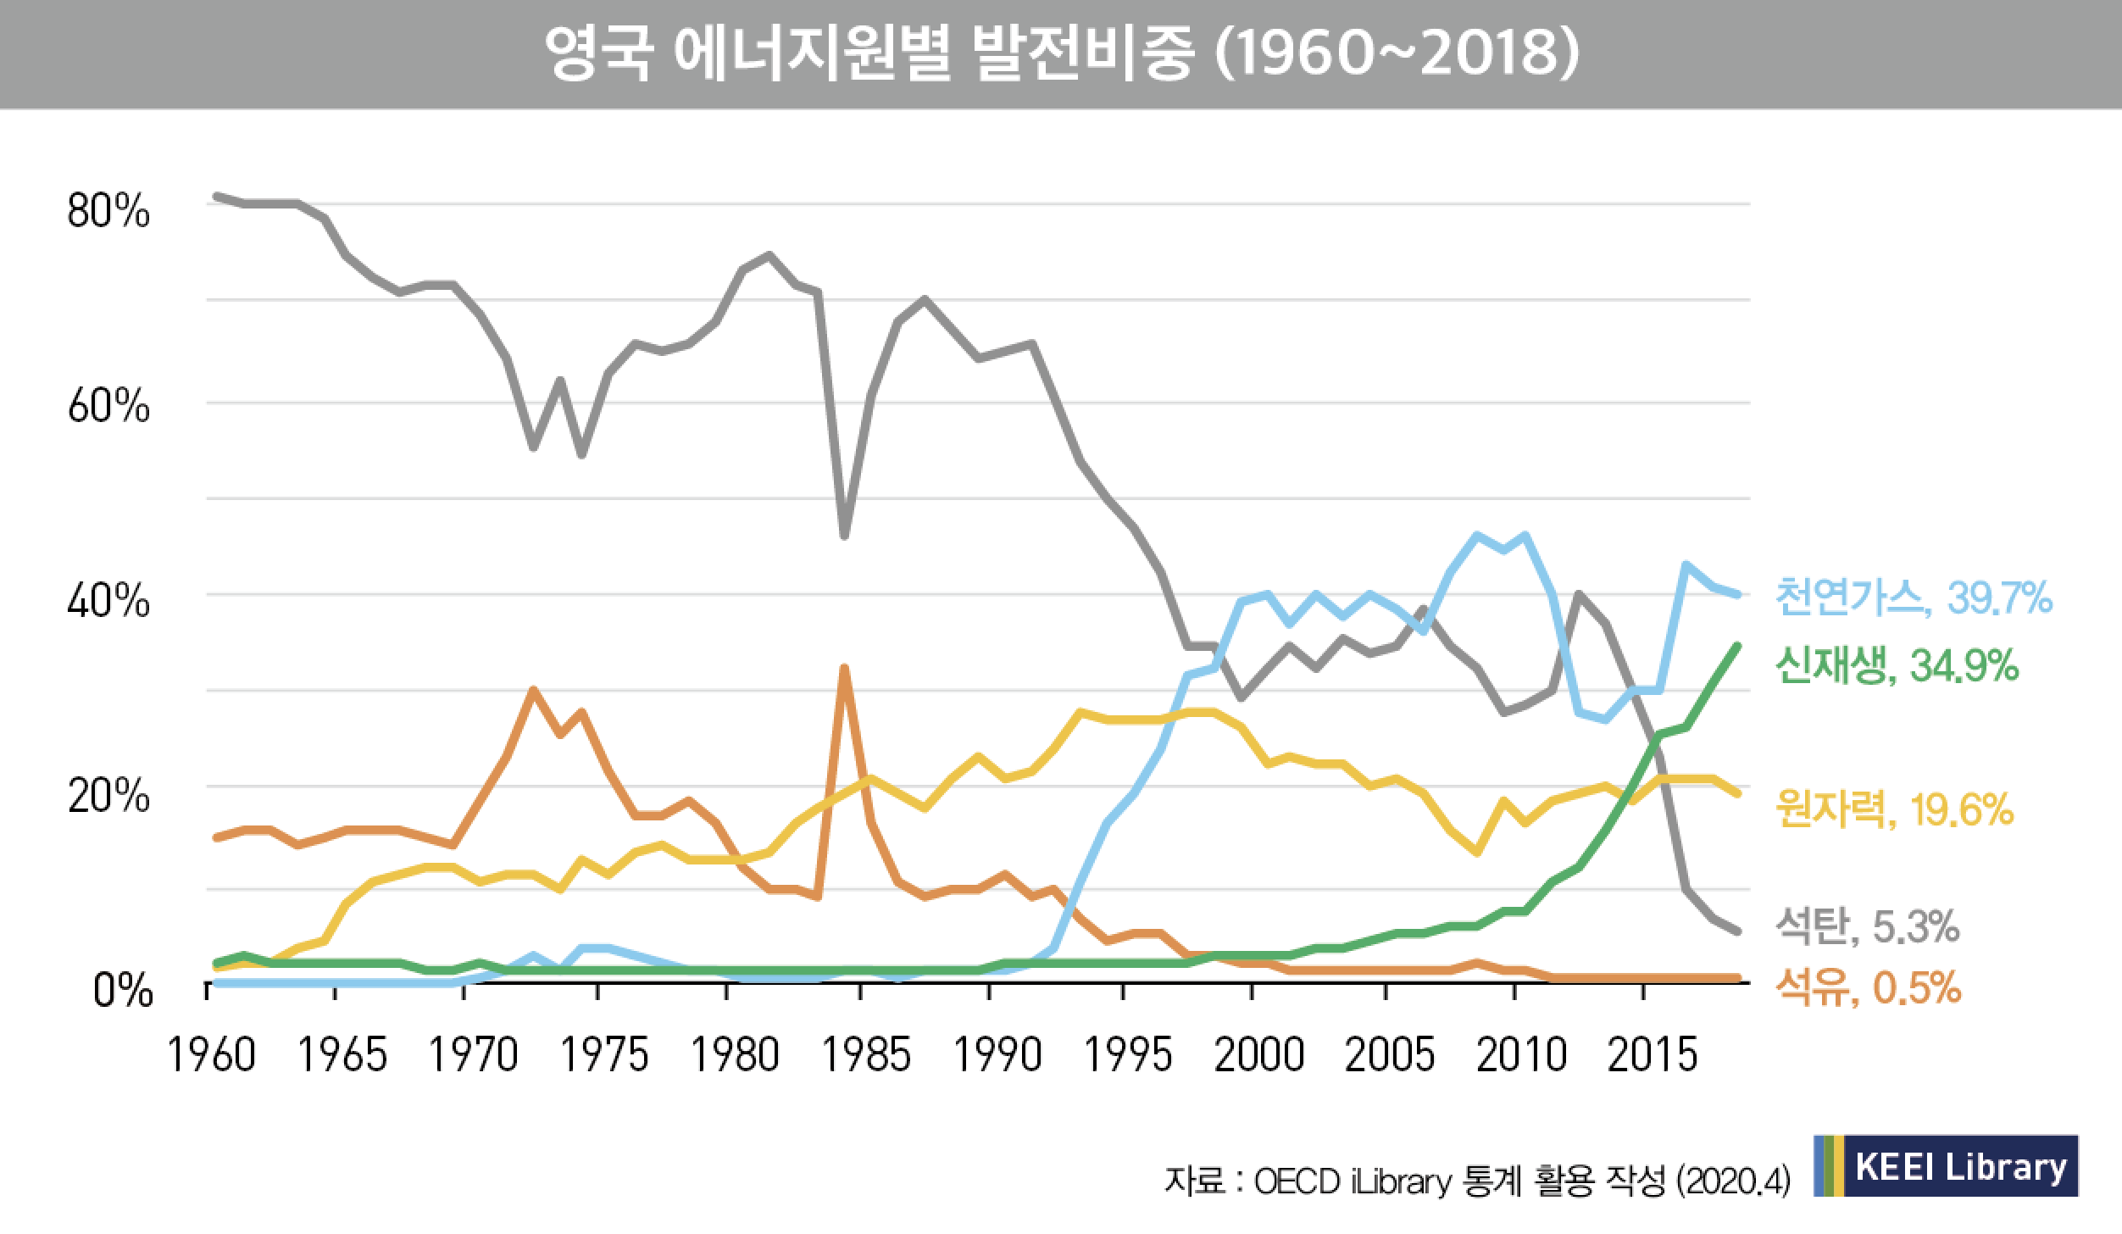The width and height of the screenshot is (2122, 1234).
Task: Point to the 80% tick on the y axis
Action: [x=108, y=212]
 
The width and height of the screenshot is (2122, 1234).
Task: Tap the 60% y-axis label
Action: [x=108, y=409]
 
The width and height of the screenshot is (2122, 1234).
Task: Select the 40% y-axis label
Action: [x=108, y=603]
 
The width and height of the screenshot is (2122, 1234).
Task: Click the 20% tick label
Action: [x=108, y=797]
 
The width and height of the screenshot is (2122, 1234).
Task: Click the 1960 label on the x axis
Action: [x=212, y=1056]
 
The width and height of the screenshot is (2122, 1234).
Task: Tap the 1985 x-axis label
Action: [x=866, y=1056]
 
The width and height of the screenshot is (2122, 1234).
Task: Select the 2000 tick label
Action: [x=1258, y=1056]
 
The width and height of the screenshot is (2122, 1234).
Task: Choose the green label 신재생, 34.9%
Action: [x=1896, y=667]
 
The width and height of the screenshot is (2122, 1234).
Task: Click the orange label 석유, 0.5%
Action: [x=1867, y=988]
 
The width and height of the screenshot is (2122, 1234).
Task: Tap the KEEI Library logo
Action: [x=1946, y=1165]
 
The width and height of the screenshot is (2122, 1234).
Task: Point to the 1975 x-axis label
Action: [x=605, y=1056]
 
